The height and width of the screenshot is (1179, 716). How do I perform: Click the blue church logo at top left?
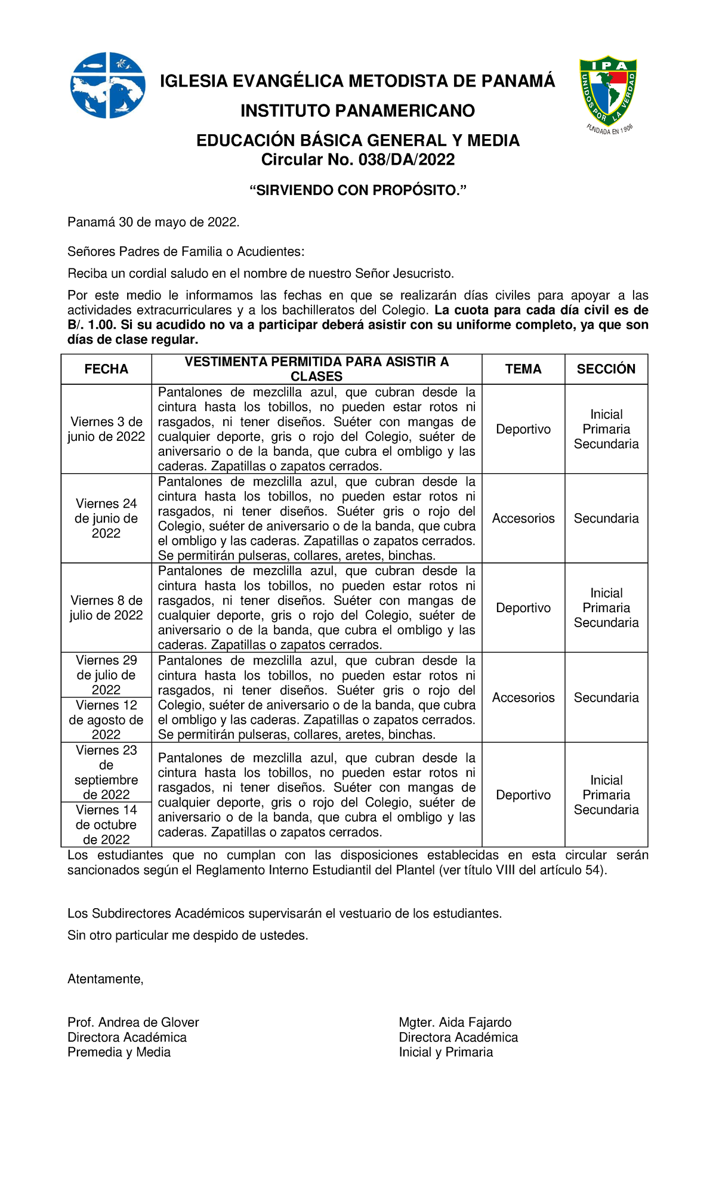[107, 85]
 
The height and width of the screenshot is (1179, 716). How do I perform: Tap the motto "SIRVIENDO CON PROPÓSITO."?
[357, 190]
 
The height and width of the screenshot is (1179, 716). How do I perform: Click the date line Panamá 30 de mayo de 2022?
[153, 223]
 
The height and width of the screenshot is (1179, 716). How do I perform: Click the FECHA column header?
[106, 369]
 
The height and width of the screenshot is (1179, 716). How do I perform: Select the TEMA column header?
[523, 369]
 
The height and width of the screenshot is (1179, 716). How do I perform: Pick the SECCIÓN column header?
[606, 369]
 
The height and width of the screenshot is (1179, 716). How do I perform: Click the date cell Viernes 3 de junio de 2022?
[106, 429]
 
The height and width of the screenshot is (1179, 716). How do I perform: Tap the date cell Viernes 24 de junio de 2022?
[106, 518]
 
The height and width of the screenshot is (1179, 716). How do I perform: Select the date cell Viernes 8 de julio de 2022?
[106, 608]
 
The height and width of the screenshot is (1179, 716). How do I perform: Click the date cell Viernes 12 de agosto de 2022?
[106, 720]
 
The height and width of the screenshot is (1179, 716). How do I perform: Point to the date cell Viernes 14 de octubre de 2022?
[106, 825]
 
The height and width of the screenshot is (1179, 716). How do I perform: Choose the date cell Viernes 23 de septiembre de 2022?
[106, 772]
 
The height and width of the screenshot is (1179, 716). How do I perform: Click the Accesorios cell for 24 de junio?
[523, 518]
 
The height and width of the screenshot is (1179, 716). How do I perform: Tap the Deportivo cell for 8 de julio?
[523, 608]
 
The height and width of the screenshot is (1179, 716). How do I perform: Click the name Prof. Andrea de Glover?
[133, 1023]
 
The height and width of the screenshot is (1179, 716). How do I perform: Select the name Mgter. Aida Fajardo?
[455, 1023]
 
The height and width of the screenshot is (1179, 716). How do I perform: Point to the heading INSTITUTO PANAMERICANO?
[357, 111]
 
